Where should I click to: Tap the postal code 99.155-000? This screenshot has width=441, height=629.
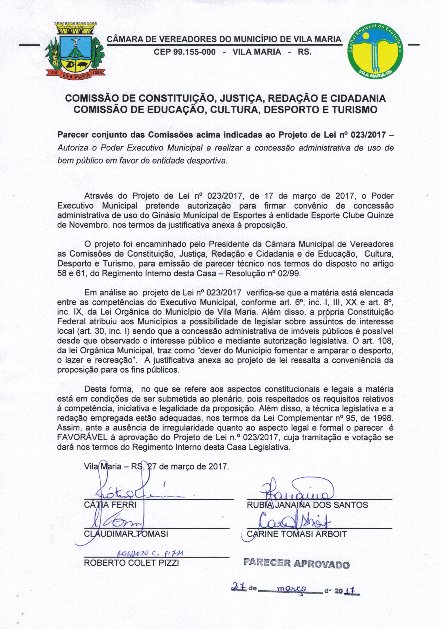click(185, 52)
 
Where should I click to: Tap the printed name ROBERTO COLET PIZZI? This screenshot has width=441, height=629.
click(131, 563)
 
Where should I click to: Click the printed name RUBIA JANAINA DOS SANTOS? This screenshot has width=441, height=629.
click(307, 505)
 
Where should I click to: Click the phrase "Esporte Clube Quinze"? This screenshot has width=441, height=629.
click(352, 215)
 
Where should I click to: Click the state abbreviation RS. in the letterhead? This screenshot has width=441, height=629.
click(304, 52)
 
